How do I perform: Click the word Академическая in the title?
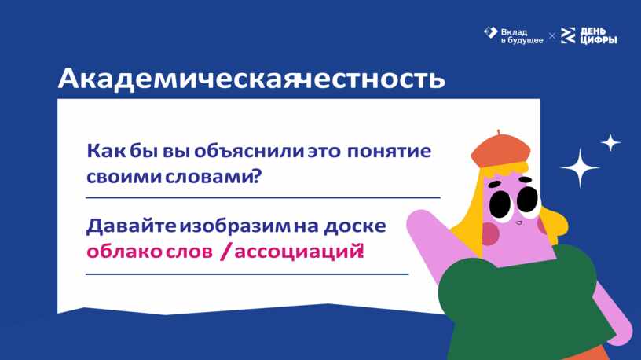pos(177,78)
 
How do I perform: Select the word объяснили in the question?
pos(249,152)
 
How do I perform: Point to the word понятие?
pos(389,152)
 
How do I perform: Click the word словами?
pos(208,177)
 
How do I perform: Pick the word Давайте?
pos(131,226)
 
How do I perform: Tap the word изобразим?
pos(235,226)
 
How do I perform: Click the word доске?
pos(355,226)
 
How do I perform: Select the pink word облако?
pos(124,252)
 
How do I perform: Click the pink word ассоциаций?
pos(297,252)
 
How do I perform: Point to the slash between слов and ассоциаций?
pos(225,252)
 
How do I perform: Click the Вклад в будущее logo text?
pos(522,36)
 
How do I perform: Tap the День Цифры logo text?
pos(599,35)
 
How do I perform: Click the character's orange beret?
pos(500,150)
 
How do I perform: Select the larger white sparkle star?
pos(580,167)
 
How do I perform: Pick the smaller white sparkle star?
pos(610,143)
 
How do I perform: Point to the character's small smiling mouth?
pos(518,222)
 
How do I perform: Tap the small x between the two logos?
pos(552,36)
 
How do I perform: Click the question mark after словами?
pos(257,176)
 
